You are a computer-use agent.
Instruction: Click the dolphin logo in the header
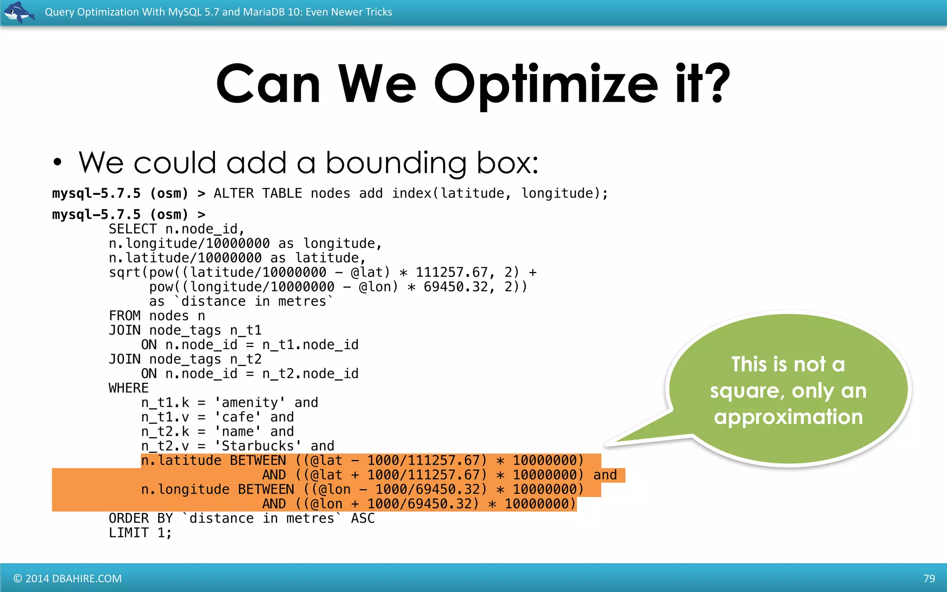(x=18, y=12)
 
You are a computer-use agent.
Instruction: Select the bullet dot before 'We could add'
(x=57, y=163)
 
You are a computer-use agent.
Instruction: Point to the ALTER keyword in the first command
(x=234, y=193)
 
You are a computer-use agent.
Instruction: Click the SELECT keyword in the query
(x=133, y=229)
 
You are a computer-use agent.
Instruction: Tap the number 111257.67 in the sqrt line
(x=452, y=272)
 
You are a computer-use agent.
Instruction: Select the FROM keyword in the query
(x=124, y=316)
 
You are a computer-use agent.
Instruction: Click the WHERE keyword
(x=129, y=388)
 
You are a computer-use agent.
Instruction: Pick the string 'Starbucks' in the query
(x=258, y=446)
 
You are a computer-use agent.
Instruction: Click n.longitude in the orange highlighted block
(x=185, y=489)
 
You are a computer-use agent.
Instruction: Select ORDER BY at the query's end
(x=141, y=518)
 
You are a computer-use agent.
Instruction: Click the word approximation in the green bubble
(x=788, y=417)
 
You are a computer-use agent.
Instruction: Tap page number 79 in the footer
(x=929, y=579)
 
